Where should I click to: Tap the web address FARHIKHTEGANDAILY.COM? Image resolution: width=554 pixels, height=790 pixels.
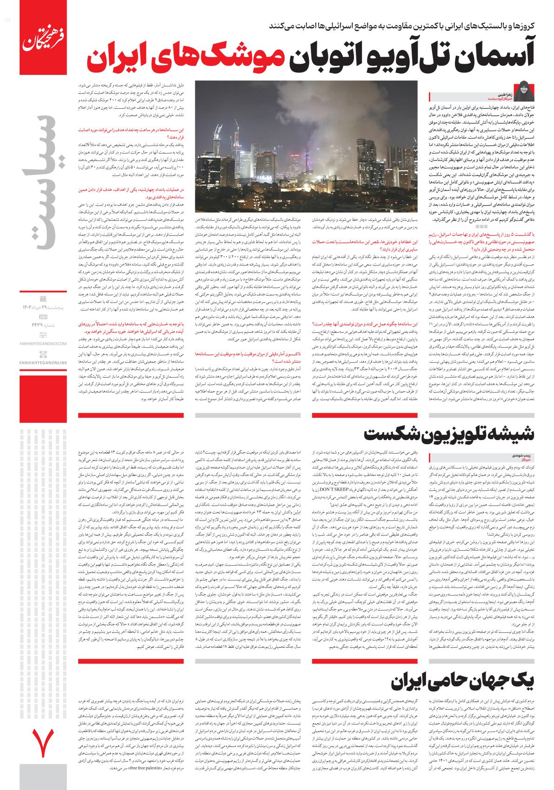44,343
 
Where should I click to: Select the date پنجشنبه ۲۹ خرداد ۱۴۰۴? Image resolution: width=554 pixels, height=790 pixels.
44,308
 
